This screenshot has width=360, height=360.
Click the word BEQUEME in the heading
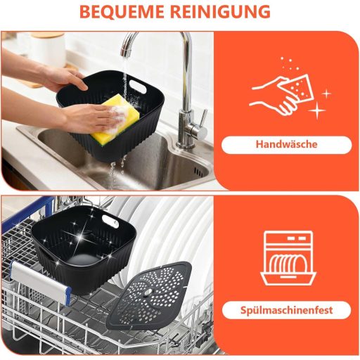tap(122, 11)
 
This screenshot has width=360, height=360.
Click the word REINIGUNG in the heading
tap(220, 11)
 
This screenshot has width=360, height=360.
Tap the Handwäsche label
tap(286, 144)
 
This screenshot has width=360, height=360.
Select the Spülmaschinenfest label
tap(286, 310)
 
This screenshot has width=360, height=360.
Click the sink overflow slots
tap(199, 172)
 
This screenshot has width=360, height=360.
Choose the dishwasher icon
tap(288, 258)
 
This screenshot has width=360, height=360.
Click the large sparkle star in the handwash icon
tap(317, 110)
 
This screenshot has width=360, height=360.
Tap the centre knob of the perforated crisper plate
tap(148, 292)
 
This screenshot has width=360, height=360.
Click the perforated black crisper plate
tap(150, 295)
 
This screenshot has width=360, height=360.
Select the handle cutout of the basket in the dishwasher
tap(110, 221)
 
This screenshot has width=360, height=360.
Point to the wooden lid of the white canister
tap(48, 36)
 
